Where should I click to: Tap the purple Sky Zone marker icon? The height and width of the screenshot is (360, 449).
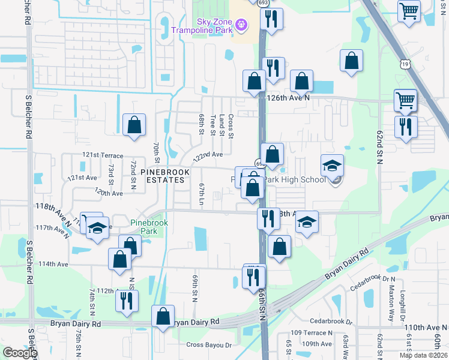241,25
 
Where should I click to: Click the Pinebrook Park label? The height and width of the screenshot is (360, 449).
149,227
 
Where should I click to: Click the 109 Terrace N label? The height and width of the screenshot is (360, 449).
311,332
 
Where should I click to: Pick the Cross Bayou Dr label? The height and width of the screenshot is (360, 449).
209,344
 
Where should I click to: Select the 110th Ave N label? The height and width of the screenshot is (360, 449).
426,328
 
